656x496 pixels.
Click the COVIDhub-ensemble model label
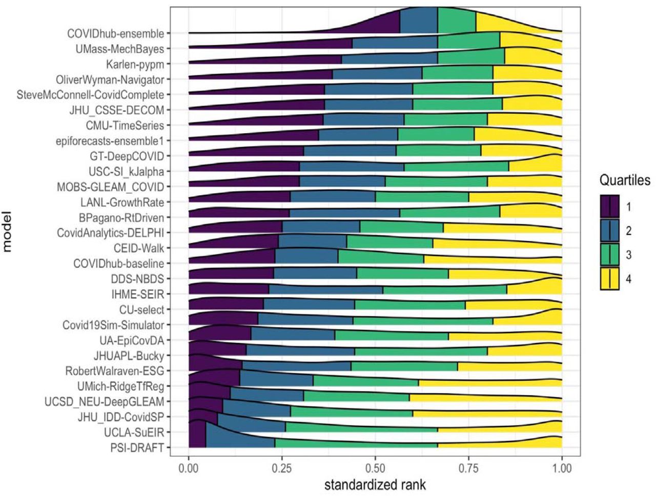click(116, 34)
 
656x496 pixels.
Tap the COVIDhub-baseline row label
click(119, 264)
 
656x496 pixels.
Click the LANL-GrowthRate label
click(122, 202)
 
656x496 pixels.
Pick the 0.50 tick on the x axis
click(375, 468)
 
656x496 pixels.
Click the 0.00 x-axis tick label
click(189, 468)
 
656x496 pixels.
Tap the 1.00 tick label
click(562, 468)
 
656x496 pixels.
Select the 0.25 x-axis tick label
click(282, 468)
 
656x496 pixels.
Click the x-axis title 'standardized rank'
click(375, 484)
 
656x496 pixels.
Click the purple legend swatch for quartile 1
click(610, 206)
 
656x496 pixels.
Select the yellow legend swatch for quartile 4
click(610, 279)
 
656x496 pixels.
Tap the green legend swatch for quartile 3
click(610, 255)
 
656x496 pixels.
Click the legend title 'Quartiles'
click(625, 180)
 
